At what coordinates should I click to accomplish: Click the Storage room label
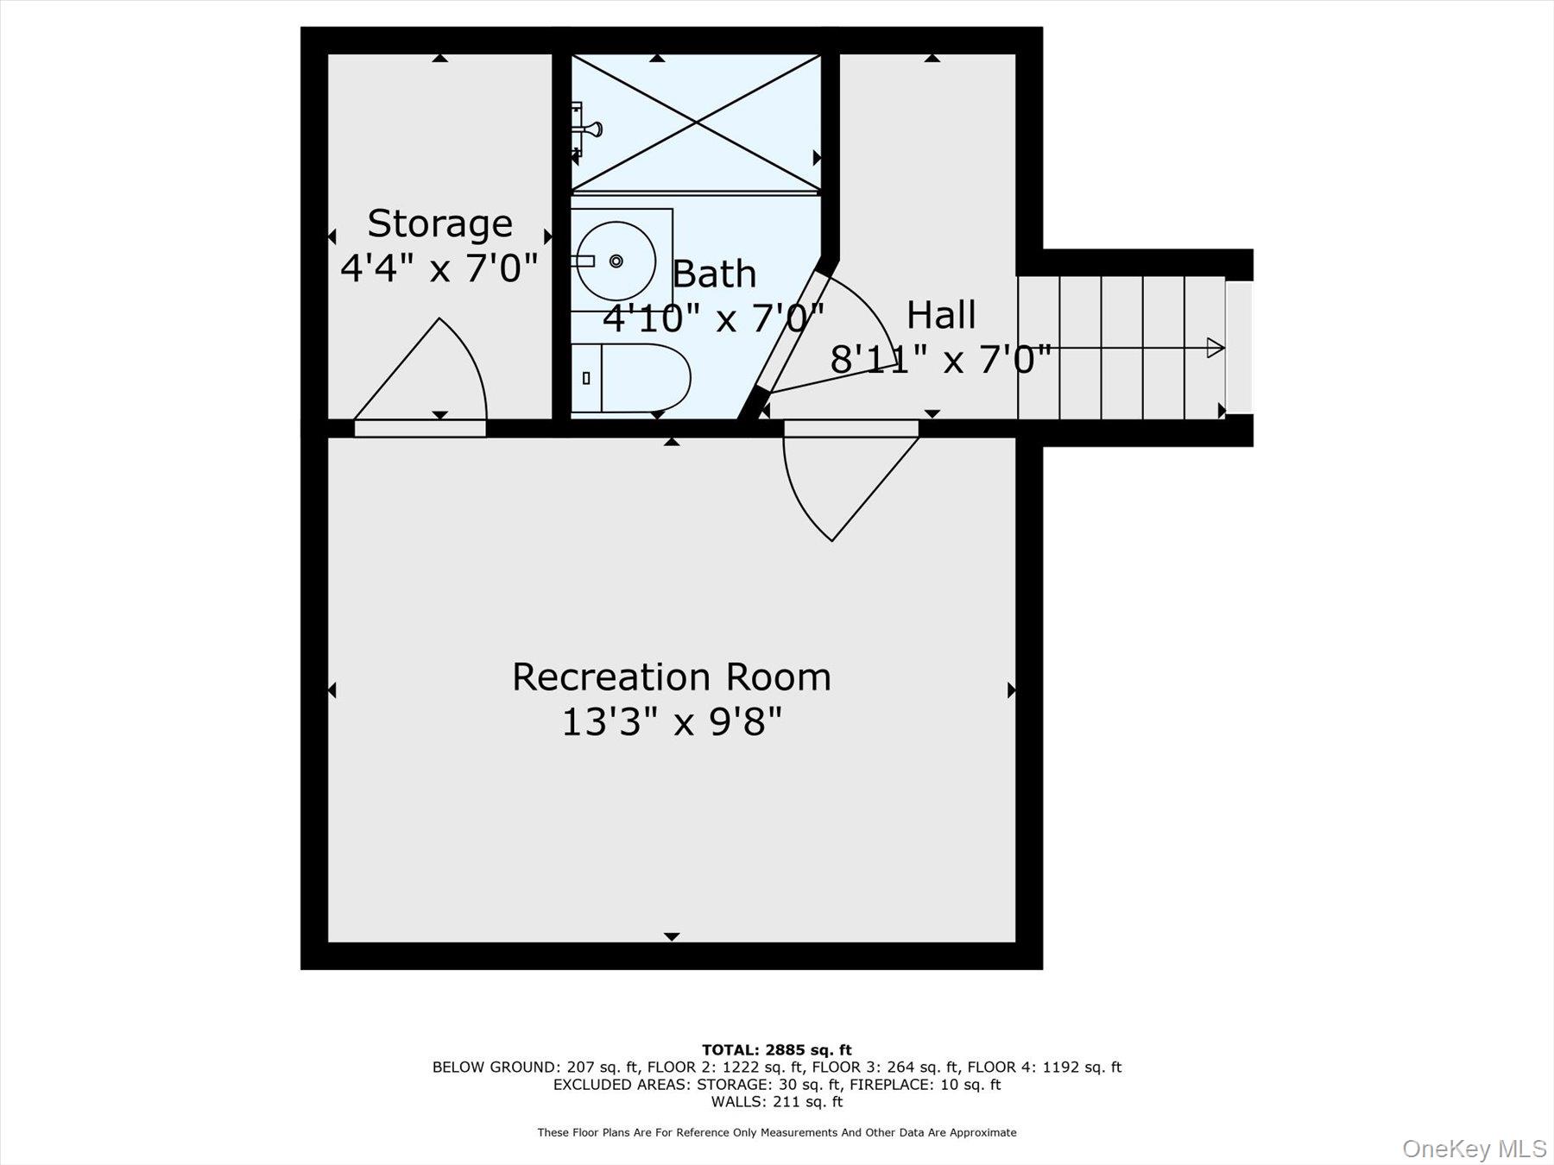point(439,224)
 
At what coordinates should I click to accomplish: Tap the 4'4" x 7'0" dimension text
point(439,268)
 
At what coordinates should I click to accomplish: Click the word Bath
point(714,274)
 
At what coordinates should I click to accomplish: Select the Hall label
point(941,315)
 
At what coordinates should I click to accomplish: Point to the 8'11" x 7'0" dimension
point(941,359)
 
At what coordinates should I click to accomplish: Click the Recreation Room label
point(672,677)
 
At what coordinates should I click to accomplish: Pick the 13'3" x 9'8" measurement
point(672,721)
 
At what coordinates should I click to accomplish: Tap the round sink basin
point(616,261)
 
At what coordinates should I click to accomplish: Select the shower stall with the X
point(696,123)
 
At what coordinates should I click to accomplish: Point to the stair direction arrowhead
point(1215,348)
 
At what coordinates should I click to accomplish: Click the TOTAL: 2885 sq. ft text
point(776,1050)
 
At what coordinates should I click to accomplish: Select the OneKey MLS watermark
point(1474,1149)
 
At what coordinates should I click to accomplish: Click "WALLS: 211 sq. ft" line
point(776,1102)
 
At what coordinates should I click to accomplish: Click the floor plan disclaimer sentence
point(776,1132)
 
